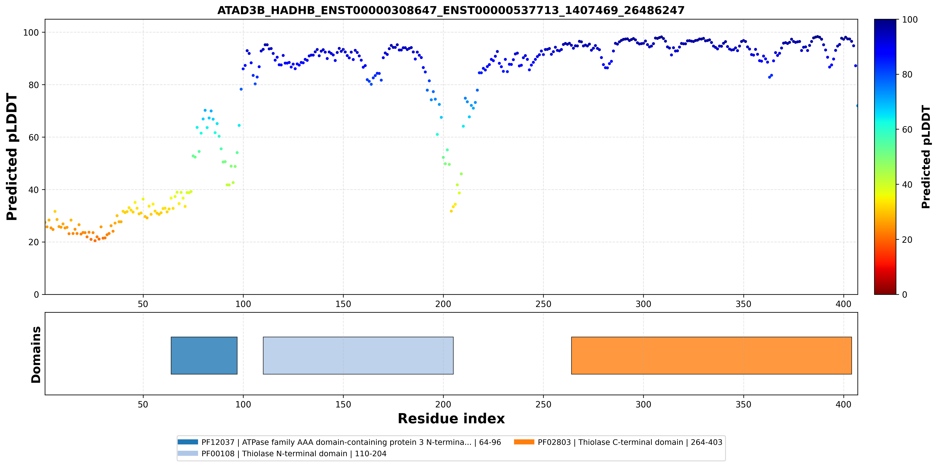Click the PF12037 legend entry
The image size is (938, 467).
click(x=339, y=442)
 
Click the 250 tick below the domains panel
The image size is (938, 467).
click(x=543, y=404)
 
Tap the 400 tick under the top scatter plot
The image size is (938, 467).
click(x=843, y=304)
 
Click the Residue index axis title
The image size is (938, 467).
click(x=451, y=419)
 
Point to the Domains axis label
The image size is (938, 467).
click(x=36, y=355)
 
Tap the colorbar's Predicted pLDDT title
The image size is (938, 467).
click(x=926, y=157)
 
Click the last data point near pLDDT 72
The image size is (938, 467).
click(x=857, y=106)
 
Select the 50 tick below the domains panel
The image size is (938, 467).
click(x=143, y=404)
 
